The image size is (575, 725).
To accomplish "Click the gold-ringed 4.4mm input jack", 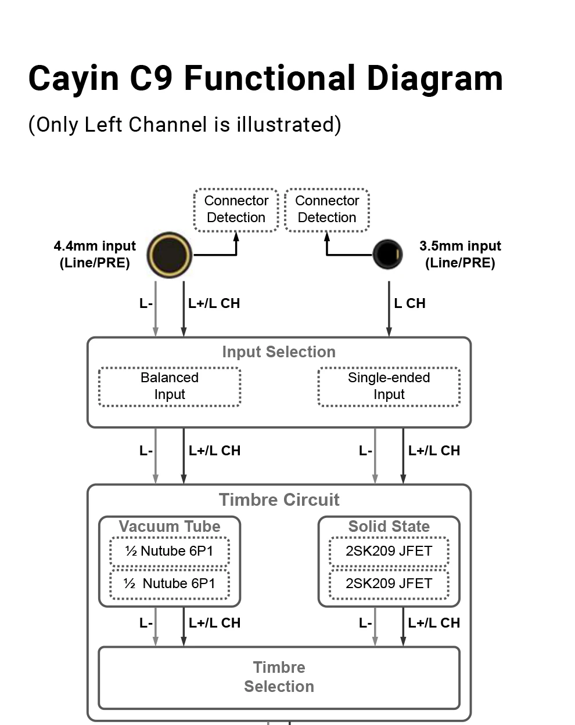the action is (170, 255).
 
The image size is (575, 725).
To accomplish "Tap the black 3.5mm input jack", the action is (388, 255).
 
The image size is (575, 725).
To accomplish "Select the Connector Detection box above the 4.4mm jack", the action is (236, 210).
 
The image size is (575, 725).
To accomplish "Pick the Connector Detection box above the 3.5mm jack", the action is (327, 210).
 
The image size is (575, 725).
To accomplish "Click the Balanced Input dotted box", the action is (170, 386).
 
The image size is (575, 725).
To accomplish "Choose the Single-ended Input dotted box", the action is (389, 386).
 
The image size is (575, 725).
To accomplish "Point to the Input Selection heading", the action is (279, 351).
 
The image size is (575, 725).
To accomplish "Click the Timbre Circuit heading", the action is (279, 499).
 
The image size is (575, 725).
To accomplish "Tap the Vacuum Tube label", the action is (170, 526).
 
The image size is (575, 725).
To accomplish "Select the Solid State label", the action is (389, 526).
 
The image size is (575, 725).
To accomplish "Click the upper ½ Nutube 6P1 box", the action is (170, 551).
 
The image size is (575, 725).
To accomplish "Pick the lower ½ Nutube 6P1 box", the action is (170, 583).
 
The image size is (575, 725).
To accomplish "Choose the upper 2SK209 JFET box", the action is (389, 551).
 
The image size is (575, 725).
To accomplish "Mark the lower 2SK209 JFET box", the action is (389, 583).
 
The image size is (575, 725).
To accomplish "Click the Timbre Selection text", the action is (279, 677).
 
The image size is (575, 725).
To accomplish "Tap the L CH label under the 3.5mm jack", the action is (409, 303).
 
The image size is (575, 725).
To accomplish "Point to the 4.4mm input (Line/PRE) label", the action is (95, 255).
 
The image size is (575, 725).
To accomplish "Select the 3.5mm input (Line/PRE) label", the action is (460, 255).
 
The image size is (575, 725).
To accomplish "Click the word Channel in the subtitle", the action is (168, 124).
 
